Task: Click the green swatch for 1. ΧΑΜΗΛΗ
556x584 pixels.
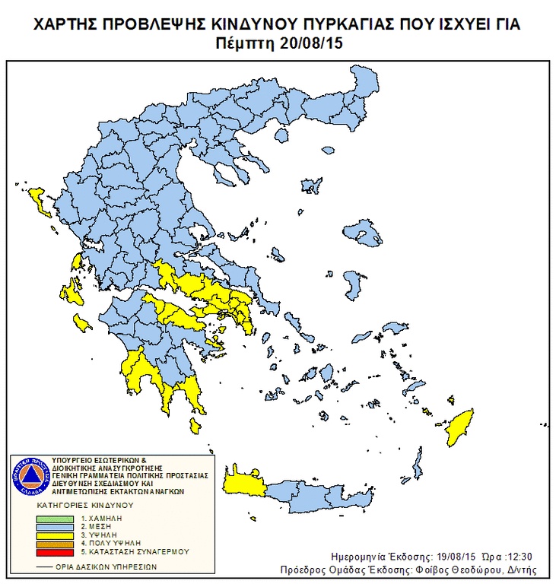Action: (56, 517)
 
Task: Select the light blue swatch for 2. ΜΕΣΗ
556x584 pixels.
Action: (56, 525)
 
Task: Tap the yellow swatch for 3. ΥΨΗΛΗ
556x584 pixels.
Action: (56, 534)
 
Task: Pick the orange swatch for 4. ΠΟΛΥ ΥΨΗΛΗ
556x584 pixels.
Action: (56, 542)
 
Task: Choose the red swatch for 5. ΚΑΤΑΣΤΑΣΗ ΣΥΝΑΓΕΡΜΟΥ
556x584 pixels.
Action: (56, 551)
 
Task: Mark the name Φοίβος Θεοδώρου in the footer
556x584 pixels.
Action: (460, 570)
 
